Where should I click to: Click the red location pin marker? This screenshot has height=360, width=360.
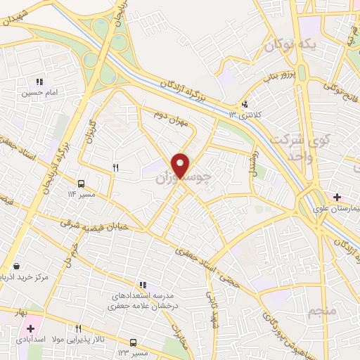tap(181, 165)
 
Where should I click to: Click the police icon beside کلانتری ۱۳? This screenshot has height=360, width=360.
tap(245, 105)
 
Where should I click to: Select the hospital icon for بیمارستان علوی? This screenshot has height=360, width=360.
tap(337, 197)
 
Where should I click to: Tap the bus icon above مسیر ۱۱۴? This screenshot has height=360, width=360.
tap(82, 183)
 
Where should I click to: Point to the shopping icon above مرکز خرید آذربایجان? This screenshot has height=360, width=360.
tap(16, 266)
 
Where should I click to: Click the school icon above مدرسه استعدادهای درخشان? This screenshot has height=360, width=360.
tap(143, 285)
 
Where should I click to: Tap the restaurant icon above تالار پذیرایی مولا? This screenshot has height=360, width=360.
tap(78, 328)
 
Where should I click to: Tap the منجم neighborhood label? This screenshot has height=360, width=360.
tap(323, 309)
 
